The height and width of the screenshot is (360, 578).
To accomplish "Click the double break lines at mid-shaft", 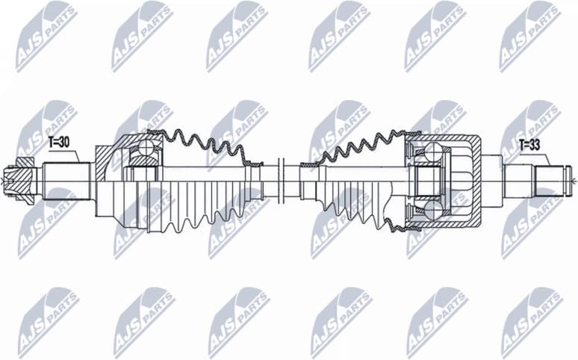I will pyautogui.click(x=280, y=179).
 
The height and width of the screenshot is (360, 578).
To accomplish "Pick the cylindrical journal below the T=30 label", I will pyautogui.click(x=66, y=180).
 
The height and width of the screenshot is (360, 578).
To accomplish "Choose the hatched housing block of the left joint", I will pyautogui.click(x=106, y=158).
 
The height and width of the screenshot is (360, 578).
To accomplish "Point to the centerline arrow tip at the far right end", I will pyautogui.click(x=574, y=181).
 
